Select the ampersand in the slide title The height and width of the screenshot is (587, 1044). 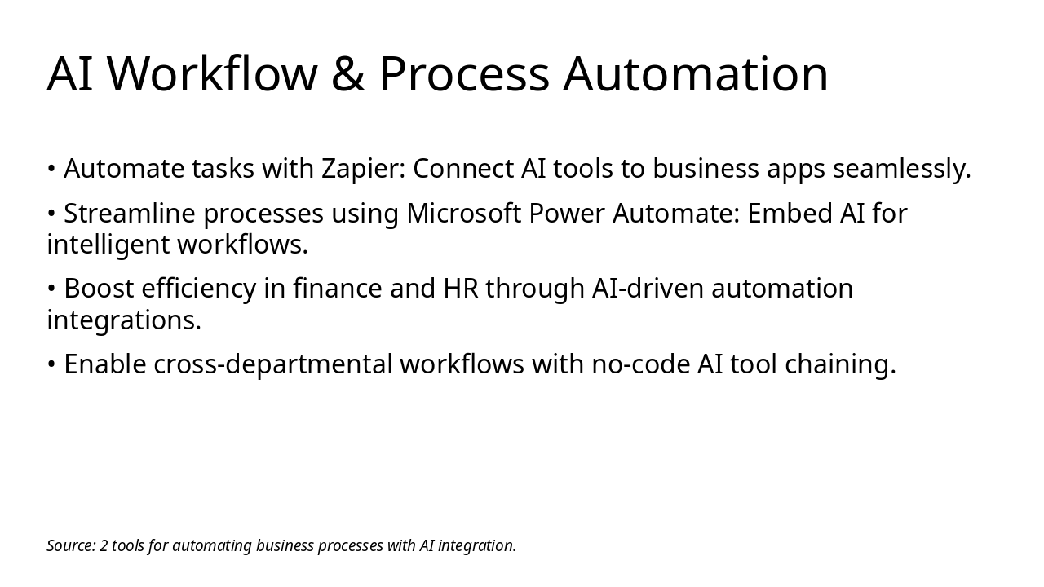[x=348, y=74]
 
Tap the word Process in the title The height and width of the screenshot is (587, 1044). [x=464, y=74]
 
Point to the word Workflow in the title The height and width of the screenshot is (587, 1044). [x=212, y=74]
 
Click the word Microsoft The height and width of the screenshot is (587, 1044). [x=463, y=214]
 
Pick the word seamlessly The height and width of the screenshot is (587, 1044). [x=901, y=169]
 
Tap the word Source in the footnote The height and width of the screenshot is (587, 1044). [x=70, y=545]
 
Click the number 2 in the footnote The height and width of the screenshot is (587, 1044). [x=104, y=545]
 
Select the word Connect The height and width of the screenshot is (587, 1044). [x=462, y=169]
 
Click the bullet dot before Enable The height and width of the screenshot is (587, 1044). [x=51, y=364]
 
